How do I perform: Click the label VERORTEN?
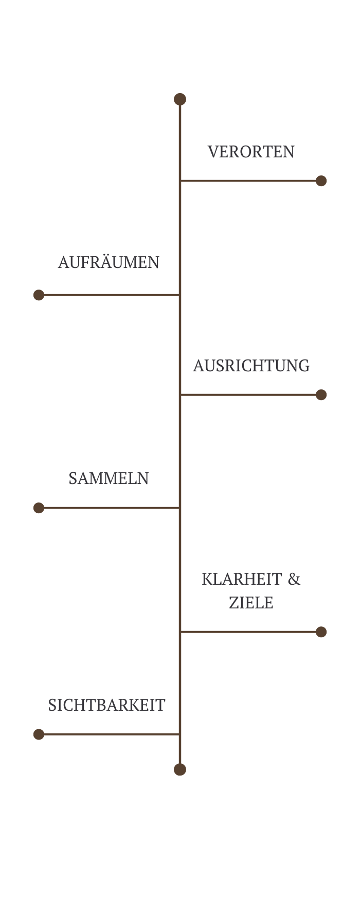point(251,152)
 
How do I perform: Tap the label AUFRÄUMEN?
point(109,262)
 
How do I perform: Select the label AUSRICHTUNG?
point(251,366)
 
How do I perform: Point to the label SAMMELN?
point(109,478)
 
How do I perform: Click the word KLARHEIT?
point(242,579)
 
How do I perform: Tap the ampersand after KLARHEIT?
point(294,579)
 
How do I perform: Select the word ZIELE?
point(251,603)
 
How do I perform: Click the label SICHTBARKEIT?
point(106,705)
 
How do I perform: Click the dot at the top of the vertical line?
point(180,99)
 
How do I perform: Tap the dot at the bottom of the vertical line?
point(180,769)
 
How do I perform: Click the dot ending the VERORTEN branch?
point(321,181)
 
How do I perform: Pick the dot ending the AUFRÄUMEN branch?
point(39,295)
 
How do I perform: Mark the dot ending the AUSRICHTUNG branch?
point(321,394)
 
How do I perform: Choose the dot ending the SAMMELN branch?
point(39,508)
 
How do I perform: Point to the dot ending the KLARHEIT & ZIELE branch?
point(321,632)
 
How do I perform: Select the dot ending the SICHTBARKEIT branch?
point(39,734)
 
